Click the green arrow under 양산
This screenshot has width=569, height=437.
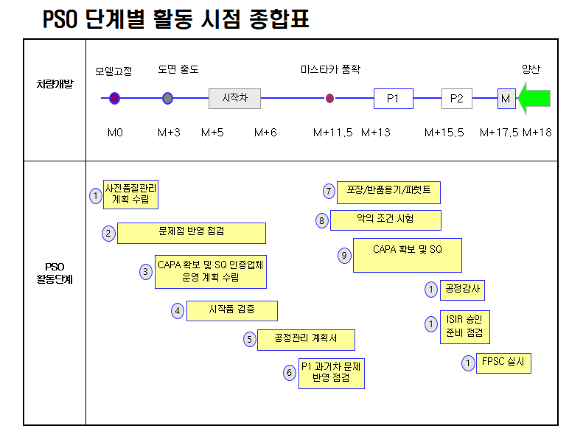[x=535, y=98]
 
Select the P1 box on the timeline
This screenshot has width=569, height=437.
[x=393, y=98]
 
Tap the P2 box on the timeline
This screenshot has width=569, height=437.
[x=457, y=98]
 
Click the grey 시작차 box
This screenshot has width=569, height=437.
[x=234, y=98]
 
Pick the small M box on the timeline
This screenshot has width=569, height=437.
[x=506, y=98]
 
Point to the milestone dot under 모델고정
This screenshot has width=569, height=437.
[x=114, y=98]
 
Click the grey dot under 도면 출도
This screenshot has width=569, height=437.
[x=168, y=98]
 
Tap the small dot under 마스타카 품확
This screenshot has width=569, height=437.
[x=330, y=98]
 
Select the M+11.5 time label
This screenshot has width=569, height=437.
[x=333, y=133]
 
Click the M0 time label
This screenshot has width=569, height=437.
[x=115, y=133]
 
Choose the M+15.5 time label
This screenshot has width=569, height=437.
[x=444, y=133]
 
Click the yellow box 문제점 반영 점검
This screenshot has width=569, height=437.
[x=192, y=233]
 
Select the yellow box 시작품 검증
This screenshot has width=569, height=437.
[x=232, y=310]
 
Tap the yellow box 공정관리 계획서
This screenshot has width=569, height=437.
[x=306, y=340]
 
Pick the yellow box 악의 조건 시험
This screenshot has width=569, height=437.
[x=385, y=220]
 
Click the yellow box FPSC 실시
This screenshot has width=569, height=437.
[x=503, y=363]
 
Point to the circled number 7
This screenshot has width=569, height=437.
[x=329, y=192]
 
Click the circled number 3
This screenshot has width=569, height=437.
[x=147, y=271]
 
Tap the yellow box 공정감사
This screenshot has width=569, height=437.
[x=462, y=290]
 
